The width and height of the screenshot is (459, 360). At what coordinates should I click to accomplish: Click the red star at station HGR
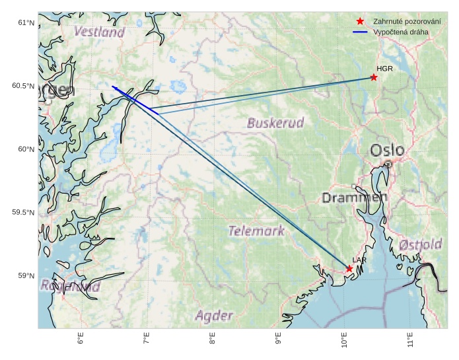374,77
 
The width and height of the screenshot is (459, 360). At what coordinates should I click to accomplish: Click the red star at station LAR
349,268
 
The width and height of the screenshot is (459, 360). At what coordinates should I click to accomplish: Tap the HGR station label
384,69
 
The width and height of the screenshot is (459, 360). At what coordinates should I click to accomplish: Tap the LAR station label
359,260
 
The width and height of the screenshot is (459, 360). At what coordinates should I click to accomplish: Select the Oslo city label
388,151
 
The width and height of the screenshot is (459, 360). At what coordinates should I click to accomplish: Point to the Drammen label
355,198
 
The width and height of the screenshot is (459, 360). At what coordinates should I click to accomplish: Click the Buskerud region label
275,123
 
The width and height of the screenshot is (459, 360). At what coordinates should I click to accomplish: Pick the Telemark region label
257,231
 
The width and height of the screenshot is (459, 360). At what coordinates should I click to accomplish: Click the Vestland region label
99,32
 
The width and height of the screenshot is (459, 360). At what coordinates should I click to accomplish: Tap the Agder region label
214,316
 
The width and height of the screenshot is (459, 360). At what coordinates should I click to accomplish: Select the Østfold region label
421,245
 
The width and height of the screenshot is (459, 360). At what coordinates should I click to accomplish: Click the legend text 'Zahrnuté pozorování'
406,21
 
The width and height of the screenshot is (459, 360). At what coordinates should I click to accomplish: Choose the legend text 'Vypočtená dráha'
401,32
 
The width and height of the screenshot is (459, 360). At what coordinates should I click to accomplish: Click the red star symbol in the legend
360,21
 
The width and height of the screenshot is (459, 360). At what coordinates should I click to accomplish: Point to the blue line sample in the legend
360,32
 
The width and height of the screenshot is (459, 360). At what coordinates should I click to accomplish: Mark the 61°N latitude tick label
25,23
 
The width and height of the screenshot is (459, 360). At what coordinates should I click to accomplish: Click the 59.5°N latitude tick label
22,213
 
